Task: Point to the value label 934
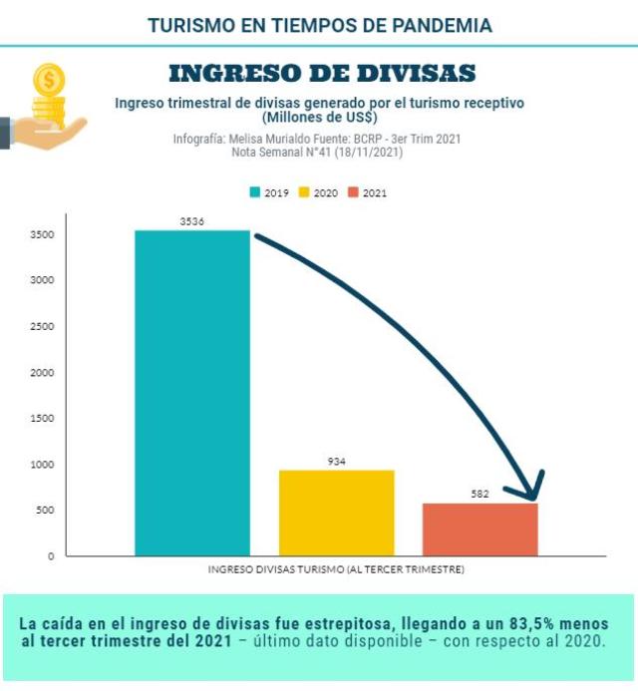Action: (x=336, y=462)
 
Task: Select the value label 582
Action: (x=479, y=495)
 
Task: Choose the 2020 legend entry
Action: (x=319, y=192)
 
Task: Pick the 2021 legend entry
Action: (x=368, y=192)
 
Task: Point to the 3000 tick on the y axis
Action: (x=43, y=280)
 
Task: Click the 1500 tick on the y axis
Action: (x=43, y=418)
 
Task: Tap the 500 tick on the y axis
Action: (x=46, y=511)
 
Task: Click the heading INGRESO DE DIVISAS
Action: (x=321, y=73)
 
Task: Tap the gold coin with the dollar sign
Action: (x=48, y=79)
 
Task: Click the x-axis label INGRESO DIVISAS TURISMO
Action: (x=336, y=570)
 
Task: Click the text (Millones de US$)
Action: (x=319, y=118)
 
